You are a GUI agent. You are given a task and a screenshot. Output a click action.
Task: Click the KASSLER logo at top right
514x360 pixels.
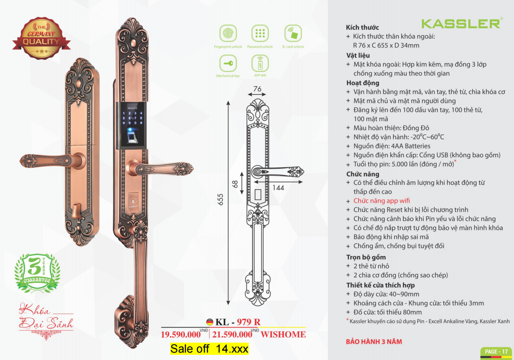click(461, 23)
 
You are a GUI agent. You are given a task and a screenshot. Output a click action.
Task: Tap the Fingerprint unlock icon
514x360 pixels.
click(228, 33)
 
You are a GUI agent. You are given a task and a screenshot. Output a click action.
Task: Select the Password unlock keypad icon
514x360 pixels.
click(260, 33)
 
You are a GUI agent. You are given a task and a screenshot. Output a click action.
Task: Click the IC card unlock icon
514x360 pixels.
click(293, 33)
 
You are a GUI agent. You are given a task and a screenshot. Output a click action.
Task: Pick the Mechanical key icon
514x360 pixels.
click(228, 63)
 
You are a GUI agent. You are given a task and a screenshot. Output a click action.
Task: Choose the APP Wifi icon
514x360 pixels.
click(260, 63)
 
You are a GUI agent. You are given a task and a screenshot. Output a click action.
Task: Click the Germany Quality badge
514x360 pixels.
click(41, 38)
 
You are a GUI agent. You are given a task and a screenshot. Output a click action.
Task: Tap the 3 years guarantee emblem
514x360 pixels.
click(37, 272)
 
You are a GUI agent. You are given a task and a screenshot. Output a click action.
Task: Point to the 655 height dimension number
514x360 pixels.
click(220, 200)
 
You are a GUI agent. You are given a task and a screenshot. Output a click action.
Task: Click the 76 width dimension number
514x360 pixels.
click(257, 89)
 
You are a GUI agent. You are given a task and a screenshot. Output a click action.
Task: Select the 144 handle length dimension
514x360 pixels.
click(278, 188)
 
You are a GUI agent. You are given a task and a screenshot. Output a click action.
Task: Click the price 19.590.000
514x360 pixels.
click(181, 334)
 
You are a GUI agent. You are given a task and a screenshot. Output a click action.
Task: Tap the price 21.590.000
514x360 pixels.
click(232, 334)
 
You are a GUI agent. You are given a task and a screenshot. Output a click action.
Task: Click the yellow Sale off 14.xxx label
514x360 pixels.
click(209, 349)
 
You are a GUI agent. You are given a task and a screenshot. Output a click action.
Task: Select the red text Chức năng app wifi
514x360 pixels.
click(382, 201)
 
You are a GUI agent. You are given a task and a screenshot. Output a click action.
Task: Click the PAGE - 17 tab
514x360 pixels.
click(496, 352)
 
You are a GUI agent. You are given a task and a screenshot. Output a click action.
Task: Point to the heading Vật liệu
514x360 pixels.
click(358, 56)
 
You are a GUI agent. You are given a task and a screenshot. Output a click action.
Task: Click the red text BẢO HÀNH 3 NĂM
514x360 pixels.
click(374, 342)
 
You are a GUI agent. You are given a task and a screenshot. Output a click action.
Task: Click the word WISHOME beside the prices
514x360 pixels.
click(283, 334)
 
